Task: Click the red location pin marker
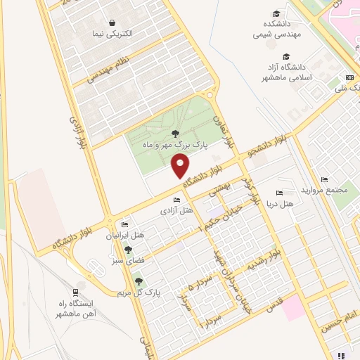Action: point(180,167)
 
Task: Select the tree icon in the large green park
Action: point(175,134)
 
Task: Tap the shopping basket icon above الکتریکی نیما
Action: point(112,22)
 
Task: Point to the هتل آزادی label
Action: point(176,210)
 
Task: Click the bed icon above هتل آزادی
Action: point(176,200)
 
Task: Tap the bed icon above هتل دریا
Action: point(280,193)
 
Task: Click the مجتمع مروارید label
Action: point(321,191)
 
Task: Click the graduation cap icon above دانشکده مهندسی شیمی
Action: point(277,14)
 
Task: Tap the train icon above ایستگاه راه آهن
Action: point(76,292)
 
